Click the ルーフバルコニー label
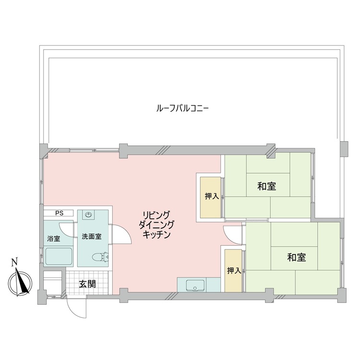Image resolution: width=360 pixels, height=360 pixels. [182, 108]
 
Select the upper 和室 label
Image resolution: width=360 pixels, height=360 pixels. [266, 187]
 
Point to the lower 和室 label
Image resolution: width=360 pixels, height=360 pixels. [297, 258]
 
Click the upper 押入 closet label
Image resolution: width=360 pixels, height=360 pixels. [212, 196]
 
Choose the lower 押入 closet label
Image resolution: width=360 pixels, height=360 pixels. [234, 271]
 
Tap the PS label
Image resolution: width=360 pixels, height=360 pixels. [59, 213]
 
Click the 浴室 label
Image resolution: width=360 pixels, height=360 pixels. [53, 239]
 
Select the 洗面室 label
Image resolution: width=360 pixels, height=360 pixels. [91, 236]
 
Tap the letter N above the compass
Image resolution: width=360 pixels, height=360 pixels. [14, 262]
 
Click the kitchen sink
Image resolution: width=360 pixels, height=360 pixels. [195, 285]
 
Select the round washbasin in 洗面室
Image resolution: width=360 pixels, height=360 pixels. [89, 216]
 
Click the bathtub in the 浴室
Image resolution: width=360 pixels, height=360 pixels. [59, 256]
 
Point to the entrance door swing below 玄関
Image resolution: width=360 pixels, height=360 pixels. [76, 307]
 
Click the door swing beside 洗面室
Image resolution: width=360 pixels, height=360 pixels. [120, 235]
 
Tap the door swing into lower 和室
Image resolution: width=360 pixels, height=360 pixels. [234, 234]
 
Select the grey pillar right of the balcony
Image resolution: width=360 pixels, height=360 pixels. [344, 149]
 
